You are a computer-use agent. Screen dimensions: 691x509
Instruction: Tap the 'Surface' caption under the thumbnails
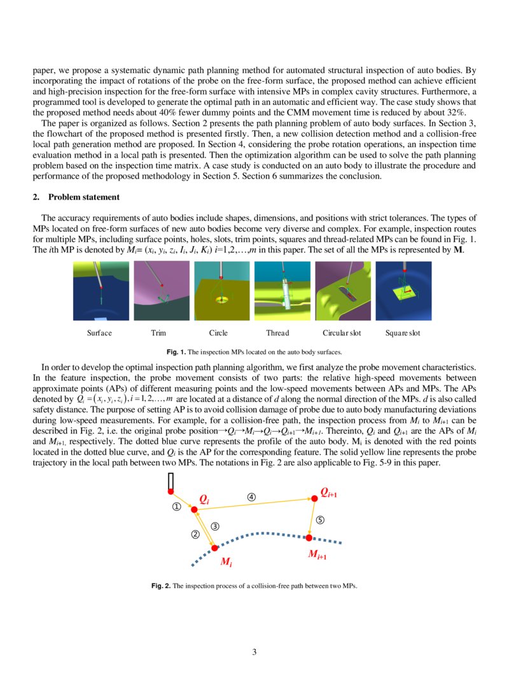tap(99, 333)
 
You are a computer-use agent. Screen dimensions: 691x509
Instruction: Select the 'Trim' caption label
tap(158, 333)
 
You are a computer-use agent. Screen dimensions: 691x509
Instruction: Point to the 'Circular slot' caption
tap(342, 333)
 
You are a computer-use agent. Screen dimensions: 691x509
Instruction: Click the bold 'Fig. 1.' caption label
tap(176, 352)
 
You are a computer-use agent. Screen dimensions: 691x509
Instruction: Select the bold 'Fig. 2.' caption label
tap(161, 585)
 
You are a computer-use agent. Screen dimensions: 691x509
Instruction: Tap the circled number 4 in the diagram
tap(252, 496)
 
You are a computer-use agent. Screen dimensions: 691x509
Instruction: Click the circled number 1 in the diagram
tap(177, 507)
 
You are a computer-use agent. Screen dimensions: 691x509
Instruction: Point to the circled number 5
tap(321, 519)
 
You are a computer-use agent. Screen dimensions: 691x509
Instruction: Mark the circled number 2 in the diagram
tap(195, 535)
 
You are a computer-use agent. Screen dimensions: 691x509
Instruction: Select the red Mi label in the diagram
tap(226, 562)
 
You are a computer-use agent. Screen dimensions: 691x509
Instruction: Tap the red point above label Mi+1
tap(309, 538)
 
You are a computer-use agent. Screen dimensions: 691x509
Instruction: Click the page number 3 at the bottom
tap(254, 652)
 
